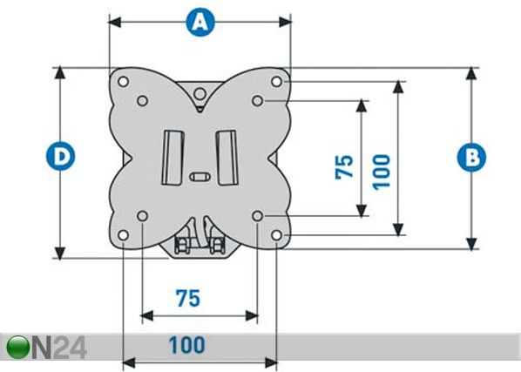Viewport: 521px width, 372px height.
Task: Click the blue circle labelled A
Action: [x=200, y=23]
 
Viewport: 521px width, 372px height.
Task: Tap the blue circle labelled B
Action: [x=471, y=157]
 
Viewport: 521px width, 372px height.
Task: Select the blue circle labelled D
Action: [x=60, y=156]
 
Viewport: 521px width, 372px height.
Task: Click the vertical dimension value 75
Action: [x=344, y=166]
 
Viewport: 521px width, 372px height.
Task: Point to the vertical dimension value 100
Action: [x=381, y=172]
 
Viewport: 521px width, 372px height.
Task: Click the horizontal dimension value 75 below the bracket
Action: [x=188, y=298]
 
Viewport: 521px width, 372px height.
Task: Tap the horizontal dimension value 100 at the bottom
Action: [x=187, y=345]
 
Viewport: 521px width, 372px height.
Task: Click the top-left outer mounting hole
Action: [x=123, y=81]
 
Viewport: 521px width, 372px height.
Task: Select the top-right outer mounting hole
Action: [x=276, y=81]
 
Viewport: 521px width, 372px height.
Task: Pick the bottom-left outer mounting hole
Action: [x=123, y=235]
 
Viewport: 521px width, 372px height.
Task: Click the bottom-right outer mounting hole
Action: [x=276, y=235]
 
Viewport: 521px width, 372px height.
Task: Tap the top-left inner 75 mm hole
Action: [x=143, y=101]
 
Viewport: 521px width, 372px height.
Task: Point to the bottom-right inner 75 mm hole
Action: [x=257, y=216]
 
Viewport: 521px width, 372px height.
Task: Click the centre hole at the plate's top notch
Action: [x=200, y=94]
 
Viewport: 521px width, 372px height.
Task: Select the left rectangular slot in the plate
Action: [x=173, y=158]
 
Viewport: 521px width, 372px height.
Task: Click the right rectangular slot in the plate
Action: [x=227, y=158]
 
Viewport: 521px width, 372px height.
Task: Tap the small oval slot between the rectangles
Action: [x=200, y=176]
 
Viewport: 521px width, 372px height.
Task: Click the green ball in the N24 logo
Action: [x=18, y=348]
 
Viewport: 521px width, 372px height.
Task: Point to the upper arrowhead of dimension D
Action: [x=60, y=72]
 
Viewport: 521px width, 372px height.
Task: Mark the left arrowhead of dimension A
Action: [x=115, y=23]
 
